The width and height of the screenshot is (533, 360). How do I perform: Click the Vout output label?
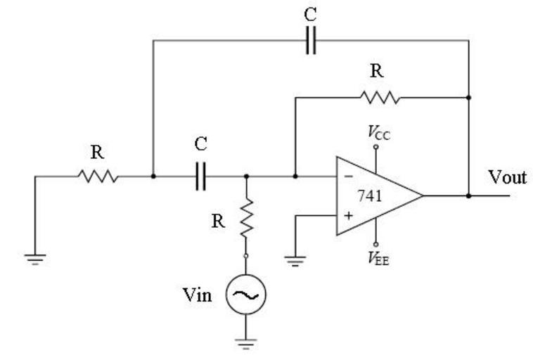[507, 177]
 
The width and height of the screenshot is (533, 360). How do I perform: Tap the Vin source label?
[197, 295]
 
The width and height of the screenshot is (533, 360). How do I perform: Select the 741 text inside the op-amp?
[370, 195]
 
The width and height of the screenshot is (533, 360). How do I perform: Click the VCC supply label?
[378, 131]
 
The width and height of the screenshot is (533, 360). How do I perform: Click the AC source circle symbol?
[245, 296]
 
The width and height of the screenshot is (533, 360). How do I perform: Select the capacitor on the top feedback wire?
[311, 41]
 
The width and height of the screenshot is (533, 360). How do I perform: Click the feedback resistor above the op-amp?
[380, 97]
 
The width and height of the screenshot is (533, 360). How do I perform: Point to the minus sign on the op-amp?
[347, 177]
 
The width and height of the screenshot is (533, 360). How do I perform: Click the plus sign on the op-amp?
[347, 214]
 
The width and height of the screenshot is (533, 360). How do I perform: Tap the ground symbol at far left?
[34, 258]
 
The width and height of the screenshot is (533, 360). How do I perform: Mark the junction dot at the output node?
[468, 195]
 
